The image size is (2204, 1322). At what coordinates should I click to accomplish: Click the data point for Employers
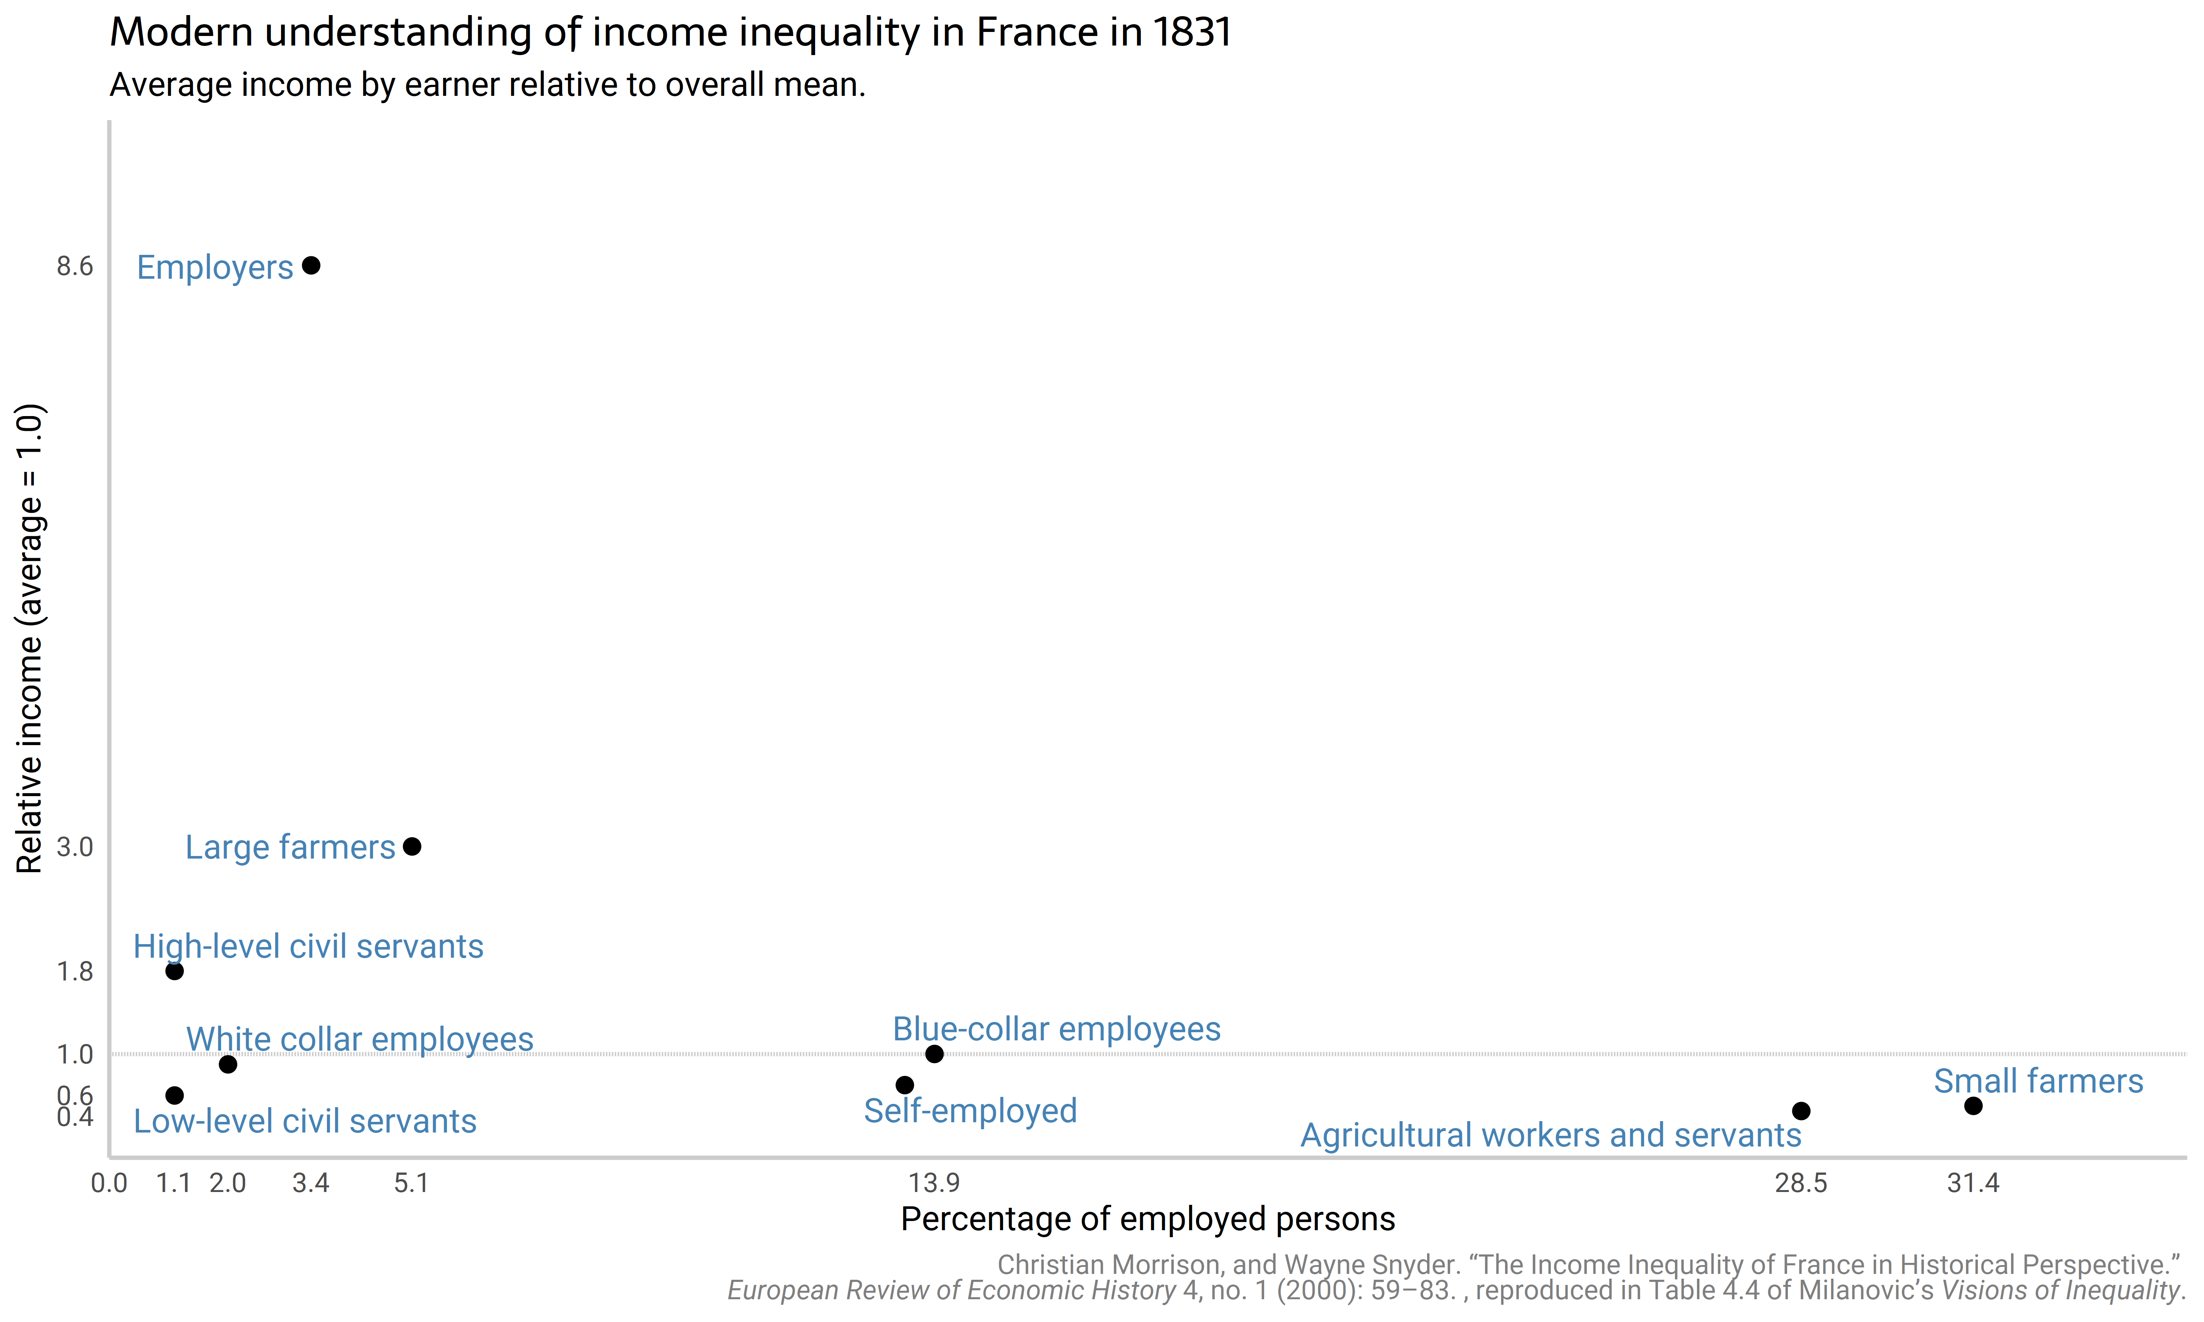coord(311,266)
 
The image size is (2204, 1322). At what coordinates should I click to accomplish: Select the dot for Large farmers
coord(411,846)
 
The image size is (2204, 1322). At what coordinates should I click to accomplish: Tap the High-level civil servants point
coord(174,971)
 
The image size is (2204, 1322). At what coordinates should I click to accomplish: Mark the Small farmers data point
coord(1973,1106)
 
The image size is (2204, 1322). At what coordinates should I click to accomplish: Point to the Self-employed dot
coord(904,1085)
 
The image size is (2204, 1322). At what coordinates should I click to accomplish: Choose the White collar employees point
coord(228,1065)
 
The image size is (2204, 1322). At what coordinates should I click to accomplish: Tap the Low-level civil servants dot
coord(174,1095)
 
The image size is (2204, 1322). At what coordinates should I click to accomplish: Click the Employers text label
coord(215,267)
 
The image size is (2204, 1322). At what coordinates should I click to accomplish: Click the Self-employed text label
coord(970,1111)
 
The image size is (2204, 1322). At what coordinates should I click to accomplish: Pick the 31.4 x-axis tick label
coord(1973,1183)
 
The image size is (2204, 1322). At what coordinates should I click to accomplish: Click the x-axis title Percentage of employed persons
coord(1148,1219)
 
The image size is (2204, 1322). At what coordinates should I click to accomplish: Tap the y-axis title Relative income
coord(29,638)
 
